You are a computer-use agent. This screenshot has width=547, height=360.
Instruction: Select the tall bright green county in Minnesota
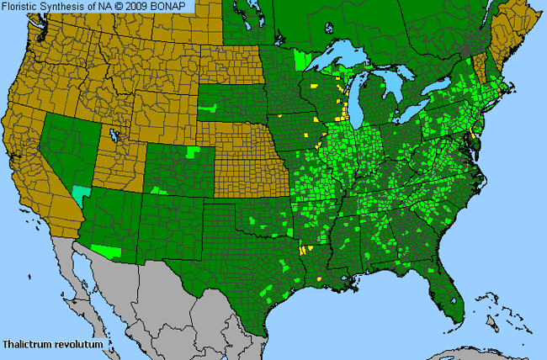coord(301,61)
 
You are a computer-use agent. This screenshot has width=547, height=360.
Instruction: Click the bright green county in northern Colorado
coord(194,151)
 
